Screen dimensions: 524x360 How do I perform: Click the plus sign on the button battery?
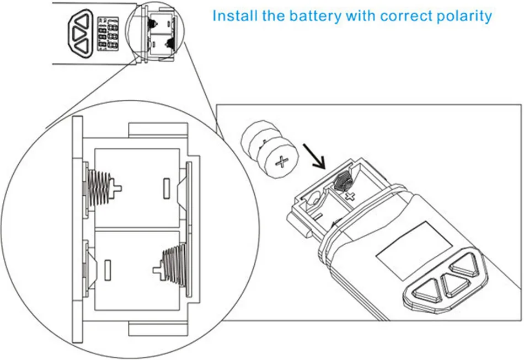(x=282, y=162)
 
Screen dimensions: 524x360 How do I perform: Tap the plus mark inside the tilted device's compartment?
(x=350, y=196)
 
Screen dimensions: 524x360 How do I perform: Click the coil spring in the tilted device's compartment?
(x=343, y=181)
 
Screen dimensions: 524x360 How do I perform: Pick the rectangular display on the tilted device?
(x=414, y=250)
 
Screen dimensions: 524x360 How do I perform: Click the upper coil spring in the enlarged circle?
(x=99, y=188)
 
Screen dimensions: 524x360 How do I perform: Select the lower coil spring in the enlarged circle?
(x=174, y=265)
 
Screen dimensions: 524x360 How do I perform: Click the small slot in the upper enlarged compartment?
(x=167, y=189)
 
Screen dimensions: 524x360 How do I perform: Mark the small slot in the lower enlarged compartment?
(x=108, y=270)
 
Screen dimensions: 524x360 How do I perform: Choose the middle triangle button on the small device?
(x=79, y=34)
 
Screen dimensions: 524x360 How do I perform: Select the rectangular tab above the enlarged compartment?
(x=158, y=130)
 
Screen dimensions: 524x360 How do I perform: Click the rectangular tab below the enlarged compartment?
(x=158, y=329)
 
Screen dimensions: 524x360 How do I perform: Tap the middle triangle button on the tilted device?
(x=455, y=284)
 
